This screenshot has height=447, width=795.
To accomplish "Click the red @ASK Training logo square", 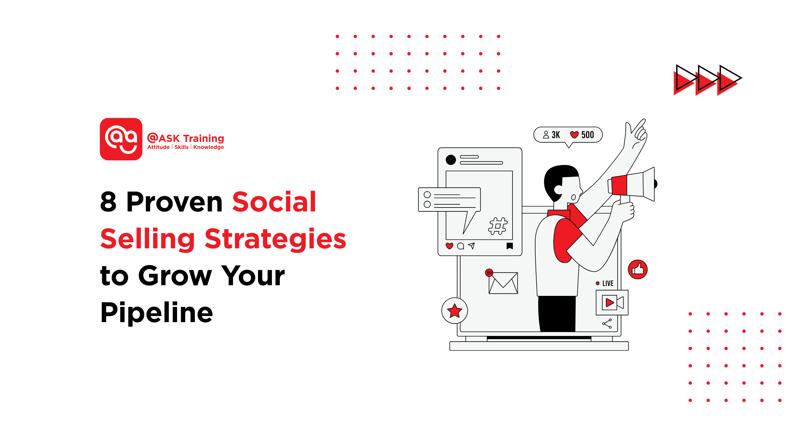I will tap(121, 139).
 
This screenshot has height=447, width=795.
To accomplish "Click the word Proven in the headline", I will tap(174, 202).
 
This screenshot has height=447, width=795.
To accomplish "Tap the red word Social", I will tap(274, 202).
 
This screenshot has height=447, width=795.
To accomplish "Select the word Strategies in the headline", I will tap(275, 239).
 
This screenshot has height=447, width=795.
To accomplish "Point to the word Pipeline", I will tap(157, 313).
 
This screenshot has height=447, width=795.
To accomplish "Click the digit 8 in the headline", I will tap(108, 202).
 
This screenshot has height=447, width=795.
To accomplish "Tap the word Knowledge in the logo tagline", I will tap(208, 147).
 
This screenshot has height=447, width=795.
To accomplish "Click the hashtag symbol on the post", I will tap(498, 226).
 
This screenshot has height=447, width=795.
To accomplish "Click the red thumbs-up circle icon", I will tap(638, 270).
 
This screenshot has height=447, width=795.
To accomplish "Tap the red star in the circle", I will tap(455, 311).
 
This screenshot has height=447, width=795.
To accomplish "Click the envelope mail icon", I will tap(503, 283).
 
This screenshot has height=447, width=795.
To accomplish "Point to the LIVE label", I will tap(608, 283).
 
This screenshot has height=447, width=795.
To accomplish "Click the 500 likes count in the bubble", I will tap(587, 135).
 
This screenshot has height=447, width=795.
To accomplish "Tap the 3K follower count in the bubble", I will tap(555, 135).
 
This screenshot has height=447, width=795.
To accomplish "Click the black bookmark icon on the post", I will tap(510, 246).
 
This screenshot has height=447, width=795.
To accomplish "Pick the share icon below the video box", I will tap(607, 324).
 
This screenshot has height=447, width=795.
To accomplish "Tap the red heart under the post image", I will tap(450, 246).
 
